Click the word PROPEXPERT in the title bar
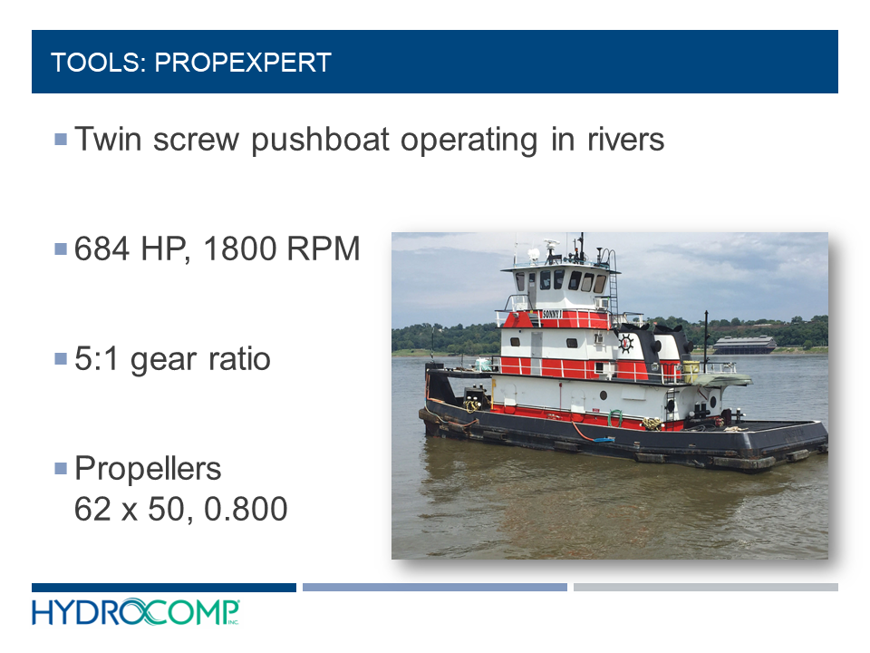click(x=243, y=63)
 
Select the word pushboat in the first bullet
click(x=320, y=140)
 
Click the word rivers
click(x=625, y=140)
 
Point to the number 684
click(x=102, y=249)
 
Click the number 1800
click(x=239, y=249)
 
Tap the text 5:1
click(x=97, y=359)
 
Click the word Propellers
click(x=148, y=469)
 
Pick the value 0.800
click(x=246, y=509)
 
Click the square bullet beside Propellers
click(x=61, y=469)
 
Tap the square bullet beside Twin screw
click(x=61, y=139)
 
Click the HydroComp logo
click(x=135, y=612)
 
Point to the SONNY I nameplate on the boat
click(x=552, y=315)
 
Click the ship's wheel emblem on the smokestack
click(x=626, y=343)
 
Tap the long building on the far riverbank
click(x=744, y=345)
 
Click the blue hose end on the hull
click(x=604, y=439)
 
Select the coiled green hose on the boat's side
click(x=614, y=417)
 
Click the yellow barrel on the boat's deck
click(x=691, y=372)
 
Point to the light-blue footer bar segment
click(x=435, y=588)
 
